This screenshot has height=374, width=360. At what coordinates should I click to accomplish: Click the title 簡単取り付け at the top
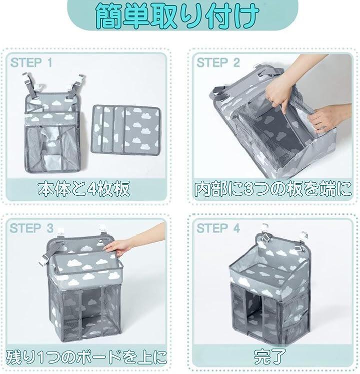pos(177,16)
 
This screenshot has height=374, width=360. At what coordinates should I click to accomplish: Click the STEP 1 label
pos(31,62)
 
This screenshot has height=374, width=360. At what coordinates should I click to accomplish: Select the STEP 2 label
pos(218,62)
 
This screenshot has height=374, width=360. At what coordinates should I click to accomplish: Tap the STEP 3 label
pos(31,228)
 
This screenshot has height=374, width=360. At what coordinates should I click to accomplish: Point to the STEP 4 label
pos(218,228)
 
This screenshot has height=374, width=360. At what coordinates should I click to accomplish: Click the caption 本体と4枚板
pos(83,188)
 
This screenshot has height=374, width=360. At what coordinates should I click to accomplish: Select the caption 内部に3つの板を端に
pos(273,189)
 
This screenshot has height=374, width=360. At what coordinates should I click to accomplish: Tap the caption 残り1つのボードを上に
pos(86,357)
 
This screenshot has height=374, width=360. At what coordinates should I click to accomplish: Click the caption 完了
pos(269,357)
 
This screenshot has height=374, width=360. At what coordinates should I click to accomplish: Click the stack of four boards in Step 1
pos(125,130)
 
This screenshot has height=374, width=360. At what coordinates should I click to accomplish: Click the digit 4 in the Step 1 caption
pos(92,189)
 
